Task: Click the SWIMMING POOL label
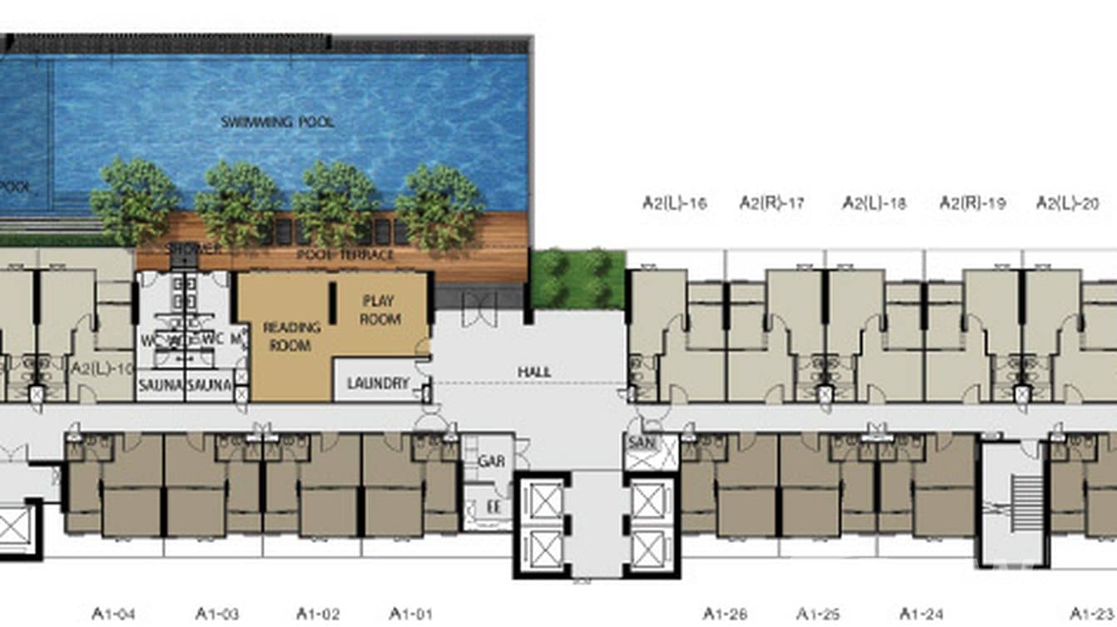(x=277, y=122)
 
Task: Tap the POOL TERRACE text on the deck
(x=345, y=254)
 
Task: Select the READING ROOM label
(x=287, y=336)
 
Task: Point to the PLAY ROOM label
(x=380, y=309)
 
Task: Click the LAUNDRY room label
(x=378, y=384)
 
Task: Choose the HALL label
(x=534, y=373)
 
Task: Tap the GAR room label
(x=491, y=462)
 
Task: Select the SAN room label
(x=641, y=443)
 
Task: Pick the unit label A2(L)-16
(x=675, y=203)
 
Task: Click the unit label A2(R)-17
(x=772, y=203)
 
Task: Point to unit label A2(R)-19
(x=973, y=203)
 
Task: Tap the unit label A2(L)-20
(x=1068, y=203)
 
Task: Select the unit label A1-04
(x=113, y=615)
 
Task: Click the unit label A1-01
(x=410, y=615)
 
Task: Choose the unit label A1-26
(x=725, y=615)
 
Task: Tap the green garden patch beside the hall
(x=578, y=279)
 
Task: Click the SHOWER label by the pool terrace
(x=194, y=249)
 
